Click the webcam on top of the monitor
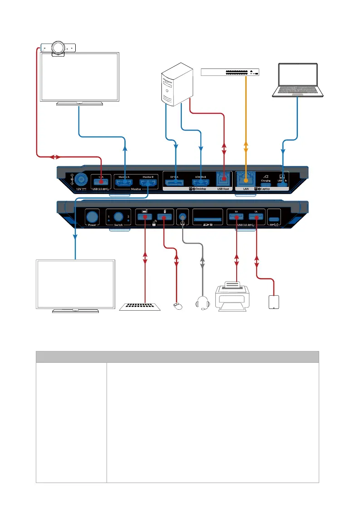pyautogui.click(x=58, y=47)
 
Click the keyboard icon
pyautogui.click(x=140, y=307)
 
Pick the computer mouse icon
pyautogui.click(x=178, y=307)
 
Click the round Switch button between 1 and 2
pyautogui.click(x=119, y=216)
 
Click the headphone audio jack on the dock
pyautogui.click(x=183, y=217)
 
